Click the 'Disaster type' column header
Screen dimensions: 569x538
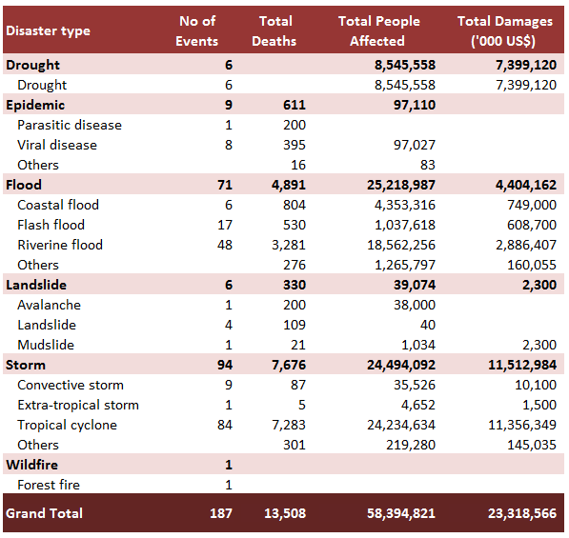point(48,31)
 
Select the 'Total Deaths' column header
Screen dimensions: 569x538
point(274,31)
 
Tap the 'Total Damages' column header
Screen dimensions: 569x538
point(505,31)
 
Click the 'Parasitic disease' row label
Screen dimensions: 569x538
point(70,125)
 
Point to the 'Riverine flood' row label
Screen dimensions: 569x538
point(60,245)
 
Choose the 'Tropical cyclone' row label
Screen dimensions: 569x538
point(67,425)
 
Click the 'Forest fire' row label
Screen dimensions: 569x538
point(49,485)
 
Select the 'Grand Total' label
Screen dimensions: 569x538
point(44,513)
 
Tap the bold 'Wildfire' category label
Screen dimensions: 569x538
point(32,465)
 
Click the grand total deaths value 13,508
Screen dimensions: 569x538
point(285,513)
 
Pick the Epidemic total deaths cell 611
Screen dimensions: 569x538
point(295,105)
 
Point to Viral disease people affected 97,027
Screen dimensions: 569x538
point(415,145)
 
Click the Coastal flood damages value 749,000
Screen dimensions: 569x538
point(532,205)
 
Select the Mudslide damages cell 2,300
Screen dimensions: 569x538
point(539,345)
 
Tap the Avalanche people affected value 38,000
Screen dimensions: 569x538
point(415,305)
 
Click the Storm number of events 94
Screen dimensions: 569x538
point(225,365)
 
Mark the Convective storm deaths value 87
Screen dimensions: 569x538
point(298,385)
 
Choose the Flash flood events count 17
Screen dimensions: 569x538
point(225,225)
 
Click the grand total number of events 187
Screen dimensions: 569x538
point(220,513)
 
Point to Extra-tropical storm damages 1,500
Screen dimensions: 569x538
point(539,405)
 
